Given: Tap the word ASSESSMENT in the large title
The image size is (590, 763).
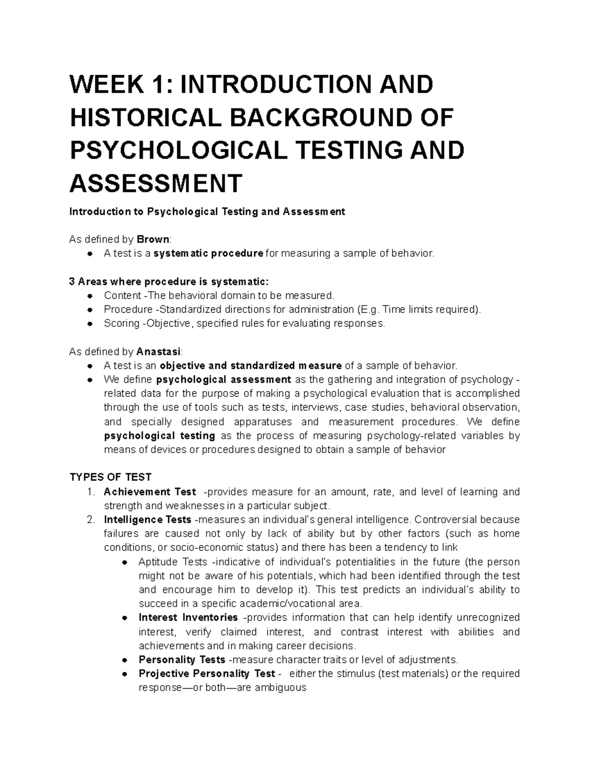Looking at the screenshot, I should click(156, 183).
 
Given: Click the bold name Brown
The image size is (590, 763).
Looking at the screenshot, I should click(153, 240).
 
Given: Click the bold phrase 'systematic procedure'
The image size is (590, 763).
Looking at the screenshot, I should click(208, 254).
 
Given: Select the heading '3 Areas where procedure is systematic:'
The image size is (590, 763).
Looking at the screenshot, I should click(170, 282).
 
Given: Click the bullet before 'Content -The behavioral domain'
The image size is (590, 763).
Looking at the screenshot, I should click(90, 296).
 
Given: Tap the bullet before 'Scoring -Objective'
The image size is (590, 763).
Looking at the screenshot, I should click(90, 324).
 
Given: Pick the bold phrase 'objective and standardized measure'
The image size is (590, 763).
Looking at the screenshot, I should click(251, 366).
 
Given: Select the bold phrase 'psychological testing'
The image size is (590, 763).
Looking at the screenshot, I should click(160, 436).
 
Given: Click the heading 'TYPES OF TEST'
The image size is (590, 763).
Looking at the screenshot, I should click(111, 478).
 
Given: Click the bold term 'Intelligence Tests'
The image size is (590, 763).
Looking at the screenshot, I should click(147, 520).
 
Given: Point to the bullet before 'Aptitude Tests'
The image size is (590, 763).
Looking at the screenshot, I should click(124, 562).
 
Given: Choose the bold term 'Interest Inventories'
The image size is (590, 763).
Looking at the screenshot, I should click(188, 618).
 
